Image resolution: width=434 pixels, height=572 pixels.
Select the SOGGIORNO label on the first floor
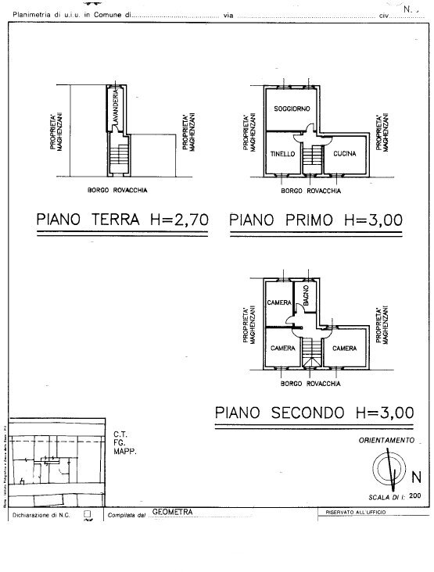click(x=288, y=107)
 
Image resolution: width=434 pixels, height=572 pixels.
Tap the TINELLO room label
click(x=282, y=154)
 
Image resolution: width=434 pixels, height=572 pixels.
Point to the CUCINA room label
click(x=344, y=154)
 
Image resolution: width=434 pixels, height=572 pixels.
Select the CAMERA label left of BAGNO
click(x=278, y=302)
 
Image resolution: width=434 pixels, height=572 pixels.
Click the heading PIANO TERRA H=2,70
click(x=121, y=220)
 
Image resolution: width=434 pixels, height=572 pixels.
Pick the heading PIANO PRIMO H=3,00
click(x=316, y=220)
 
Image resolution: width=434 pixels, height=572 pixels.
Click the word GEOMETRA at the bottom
click(x=172, y=513)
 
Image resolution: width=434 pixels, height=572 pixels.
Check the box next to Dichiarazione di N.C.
click(x=88, y=515)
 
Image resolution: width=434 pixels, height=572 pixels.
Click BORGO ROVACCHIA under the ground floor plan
click(x=117, y=191)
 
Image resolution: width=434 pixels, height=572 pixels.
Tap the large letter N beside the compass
click(x=416, y=477)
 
